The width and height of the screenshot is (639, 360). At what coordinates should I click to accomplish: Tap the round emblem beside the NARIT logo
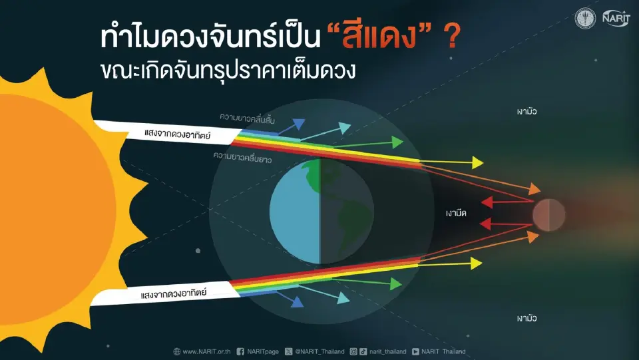click(x=586, y=18)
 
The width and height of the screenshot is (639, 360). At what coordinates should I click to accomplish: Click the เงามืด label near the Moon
click(x=459, y=215)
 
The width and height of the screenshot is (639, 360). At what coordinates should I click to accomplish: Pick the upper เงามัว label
click(x=526, y=111)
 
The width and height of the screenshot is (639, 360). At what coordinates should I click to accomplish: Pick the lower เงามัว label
click(x=526, y=319)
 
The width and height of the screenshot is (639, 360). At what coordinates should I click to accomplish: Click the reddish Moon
click(x=548, y=215)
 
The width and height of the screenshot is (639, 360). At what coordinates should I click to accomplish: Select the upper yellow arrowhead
click(x=477, y=162)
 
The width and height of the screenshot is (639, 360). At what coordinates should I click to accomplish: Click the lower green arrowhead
click(x=397, y=284)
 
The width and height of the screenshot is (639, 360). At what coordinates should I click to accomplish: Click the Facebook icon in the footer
click(x=240, y=351)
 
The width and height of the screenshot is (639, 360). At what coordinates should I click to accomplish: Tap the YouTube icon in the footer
click(x=415, y=351)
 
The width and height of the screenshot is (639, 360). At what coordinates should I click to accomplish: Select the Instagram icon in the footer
click(x=354, y=351)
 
